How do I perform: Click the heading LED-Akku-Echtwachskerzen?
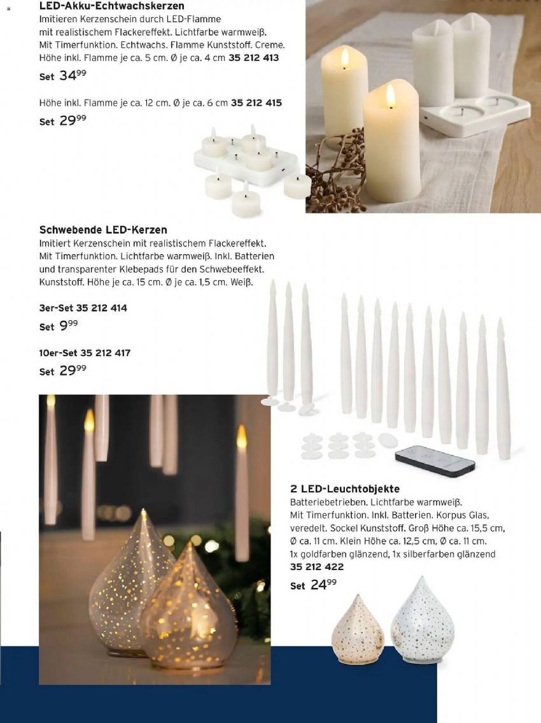point(111,6)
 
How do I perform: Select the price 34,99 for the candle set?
point(72,76)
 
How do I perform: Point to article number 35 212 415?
point(256,103)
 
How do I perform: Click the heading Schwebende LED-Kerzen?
point(103,230)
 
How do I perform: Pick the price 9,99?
point(68,326)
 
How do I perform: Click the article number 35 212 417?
point(105,352)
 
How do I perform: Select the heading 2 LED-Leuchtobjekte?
point(345,489)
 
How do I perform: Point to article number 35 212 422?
point(316,566)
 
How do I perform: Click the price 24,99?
point(323,585)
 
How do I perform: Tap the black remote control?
point(435,459)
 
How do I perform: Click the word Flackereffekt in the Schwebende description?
point(234,243)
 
